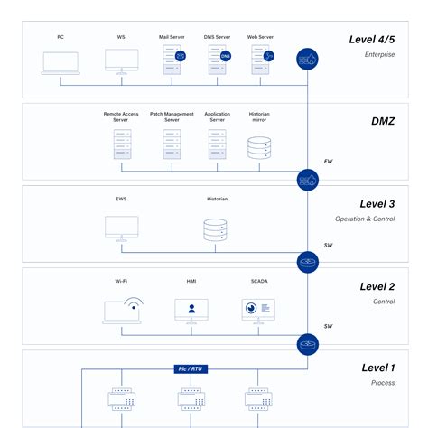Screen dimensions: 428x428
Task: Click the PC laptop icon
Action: [60, 61]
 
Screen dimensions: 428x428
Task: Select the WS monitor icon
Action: [121, 60]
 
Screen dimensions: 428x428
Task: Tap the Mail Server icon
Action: [172, 60]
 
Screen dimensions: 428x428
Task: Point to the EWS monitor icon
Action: [121, 228]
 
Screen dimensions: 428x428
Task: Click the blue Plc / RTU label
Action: [191, 368]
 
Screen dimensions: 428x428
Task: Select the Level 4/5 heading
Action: [371, 39]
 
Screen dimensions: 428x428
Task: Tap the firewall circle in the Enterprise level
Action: [309, 60]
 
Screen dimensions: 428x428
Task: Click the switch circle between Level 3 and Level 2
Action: [309, 263]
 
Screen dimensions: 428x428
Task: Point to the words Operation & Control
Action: [365, 219]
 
